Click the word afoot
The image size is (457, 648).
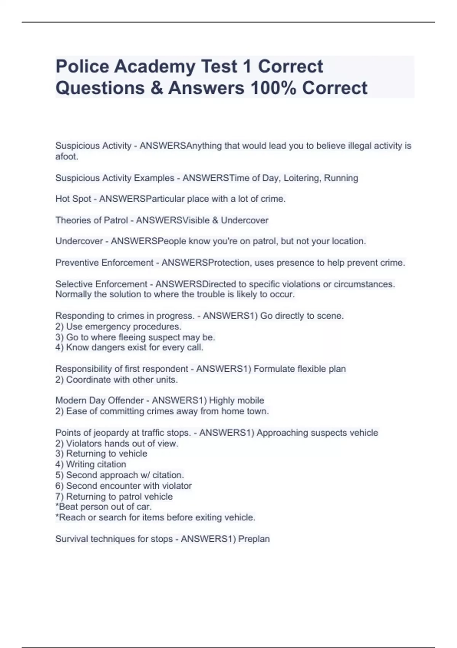(x=67, y=156)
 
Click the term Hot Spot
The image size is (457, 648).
(x=73, y=199)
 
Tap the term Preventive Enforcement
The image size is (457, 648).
(x=104, y=263)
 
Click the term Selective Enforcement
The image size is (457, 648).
(x=101, y=284)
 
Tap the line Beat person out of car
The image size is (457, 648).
(x=104, y=507)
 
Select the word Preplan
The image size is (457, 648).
(x=254, y=539)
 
